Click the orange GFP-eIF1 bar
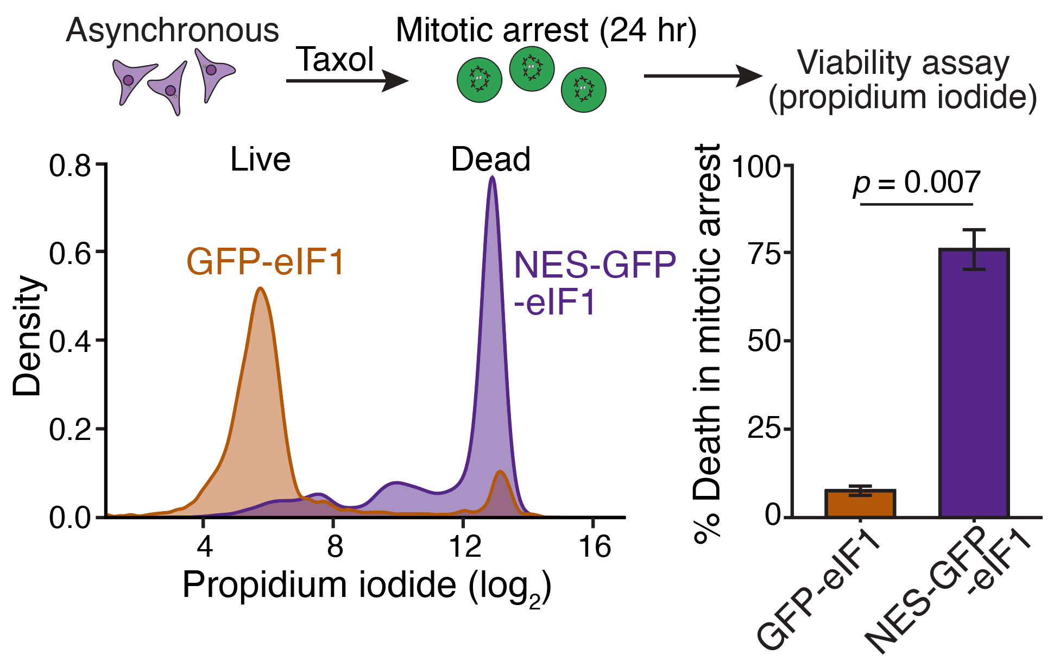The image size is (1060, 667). pyautogui.click(x=860, y=504)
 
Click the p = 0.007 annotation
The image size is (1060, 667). pyautogui.click(x=917, y=183)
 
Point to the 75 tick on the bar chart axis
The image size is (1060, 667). pyautogui.click(x=763, y=253)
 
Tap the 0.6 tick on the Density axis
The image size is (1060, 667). pyautogui.click(x=70, y=253)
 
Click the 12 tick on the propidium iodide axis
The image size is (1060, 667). pyautogui.click(x=464, y=546)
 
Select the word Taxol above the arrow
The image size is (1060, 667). pyautogui.click(x=335, y=60)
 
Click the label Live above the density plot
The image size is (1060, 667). pyautogui.click(x=260, y=160)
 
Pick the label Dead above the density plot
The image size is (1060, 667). pyautogui.click(x=490, y=160)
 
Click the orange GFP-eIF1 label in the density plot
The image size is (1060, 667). pyautogui.click(x=266, y=262)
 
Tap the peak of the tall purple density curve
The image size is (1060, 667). pyautogui.click(x=492, y=177)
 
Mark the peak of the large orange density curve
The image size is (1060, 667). pyautogui.click(x=261, y=288)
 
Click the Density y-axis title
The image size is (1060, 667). pyautogui.click(x=27, y=336)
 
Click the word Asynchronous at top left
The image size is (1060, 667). pyautogui.click(x=172, y=30)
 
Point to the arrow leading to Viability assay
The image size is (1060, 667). pyautogui.click(x=703, y=76)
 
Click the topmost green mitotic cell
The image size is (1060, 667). pyautogui.click(x=532, y=69)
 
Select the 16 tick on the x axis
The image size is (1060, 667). pyautogui.click(x=595, y=546)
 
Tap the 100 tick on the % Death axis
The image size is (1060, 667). pyautogui.click(x=756, y=166)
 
